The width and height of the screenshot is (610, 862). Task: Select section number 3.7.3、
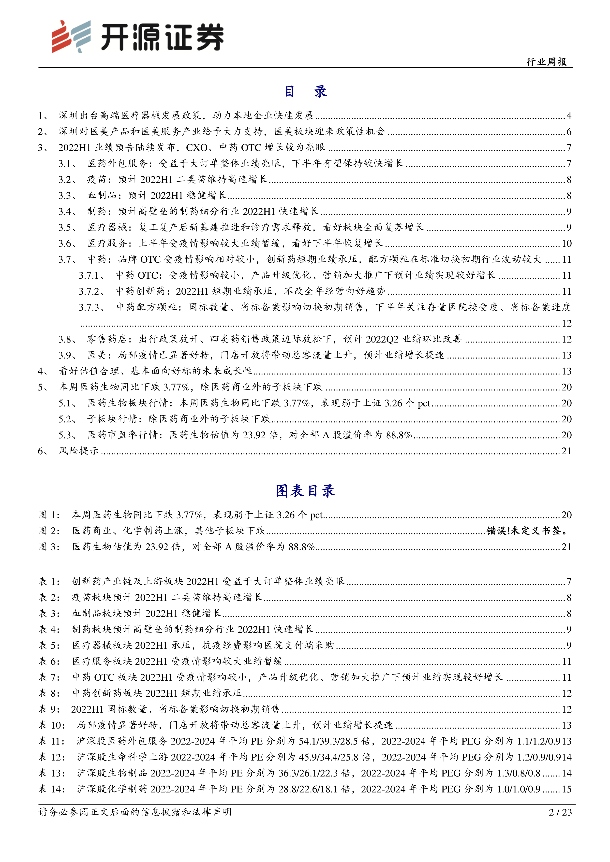[x=92, y=307]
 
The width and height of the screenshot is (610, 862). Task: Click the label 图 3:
[x=49, y=547]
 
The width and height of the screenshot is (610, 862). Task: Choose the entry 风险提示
[x=78, y=451]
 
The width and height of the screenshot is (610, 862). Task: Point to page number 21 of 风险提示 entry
[x=566, y=451]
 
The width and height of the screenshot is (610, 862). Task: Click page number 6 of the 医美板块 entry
[x=569, y=132]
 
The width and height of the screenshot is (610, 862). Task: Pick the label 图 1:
[x=49, y=515]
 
